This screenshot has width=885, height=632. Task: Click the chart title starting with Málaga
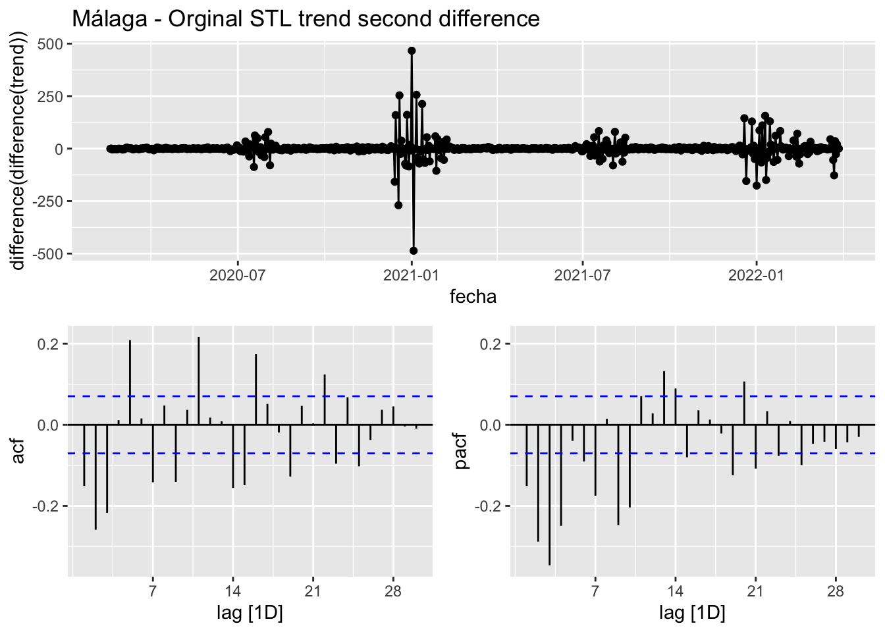click(x=306, y=18)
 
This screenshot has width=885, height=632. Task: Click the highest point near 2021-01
click(x=412, y=51)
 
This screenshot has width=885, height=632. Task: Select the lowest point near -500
click(x=414, y=251)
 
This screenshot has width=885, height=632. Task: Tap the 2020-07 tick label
click(x=237, y=275)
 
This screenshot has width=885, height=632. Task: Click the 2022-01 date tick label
click(x=756, y=275)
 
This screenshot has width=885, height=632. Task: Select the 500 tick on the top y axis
click(x=50, y=44)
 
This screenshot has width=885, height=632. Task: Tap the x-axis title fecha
click(x=473, y=297)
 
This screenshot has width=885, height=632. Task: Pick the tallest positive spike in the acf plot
click(x=198, y=338)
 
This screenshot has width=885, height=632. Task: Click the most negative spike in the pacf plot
click(x=549, y=564)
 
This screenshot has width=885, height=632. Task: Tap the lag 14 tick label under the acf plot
click(x=232, y=591)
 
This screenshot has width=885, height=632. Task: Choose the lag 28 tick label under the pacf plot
click(x=836, y=591)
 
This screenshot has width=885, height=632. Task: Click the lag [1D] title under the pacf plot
click(x=692, y=614)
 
